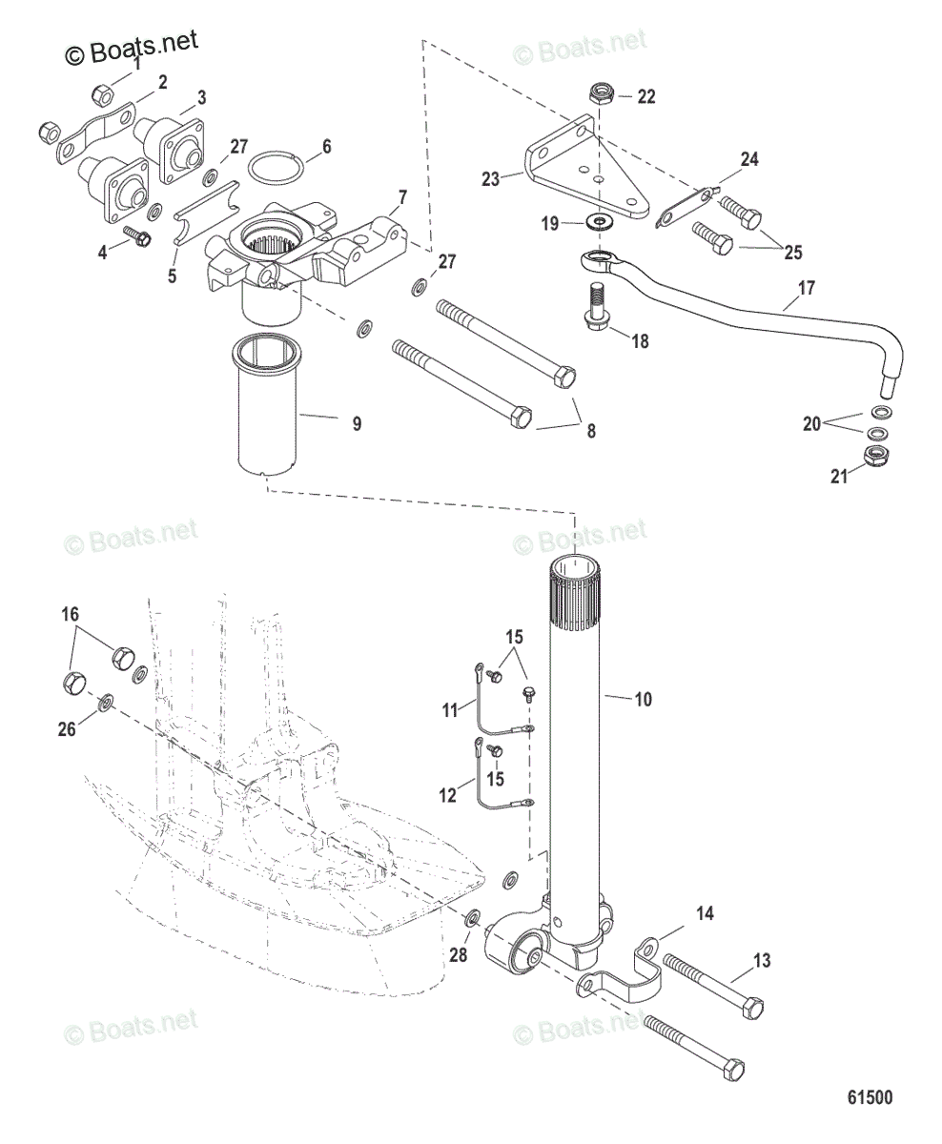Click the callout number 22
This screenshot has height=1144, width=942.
pyautogui.click(x=646, y=96)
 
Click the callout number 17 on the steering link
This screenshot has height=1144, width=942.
pyautogui.click(x=807, y=286)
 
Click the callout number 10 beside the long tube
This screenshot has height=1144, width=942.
pyautogui.click(x=643, y=700)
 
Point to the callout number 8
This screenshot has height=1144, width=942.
pyautogui.click(x=590, y=430)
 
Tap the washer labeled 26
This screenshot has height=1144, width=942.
pyautogui.click(x=106, y=703)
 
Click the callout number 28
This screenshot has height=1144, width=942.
pyautogui.click(x=459, y=955)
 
